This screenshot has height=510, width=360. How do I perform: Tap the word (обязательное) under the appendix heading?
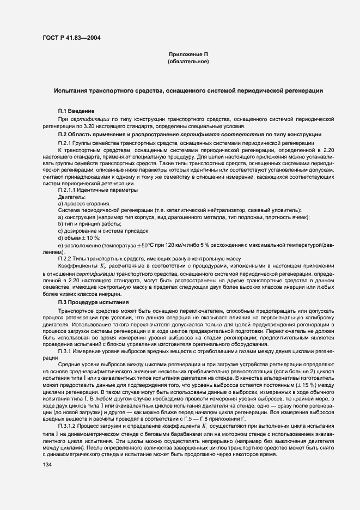pos(188,62)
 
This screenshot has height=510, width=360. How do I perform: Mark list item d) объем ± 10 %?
pos(79,238)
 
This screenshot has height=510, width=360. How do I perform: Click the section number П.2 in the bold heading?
pos(62,134)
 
